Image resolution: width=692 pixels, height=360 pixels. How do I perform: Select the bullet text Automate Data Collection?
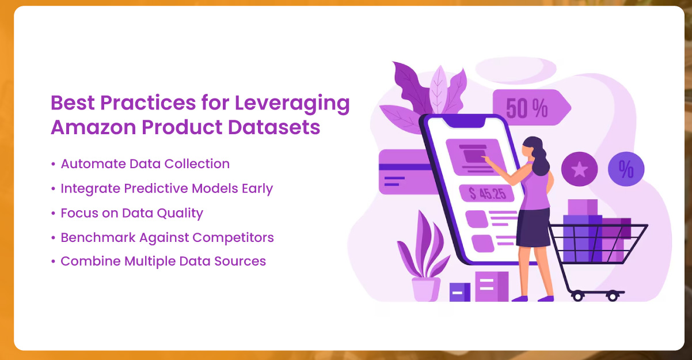[145, 164]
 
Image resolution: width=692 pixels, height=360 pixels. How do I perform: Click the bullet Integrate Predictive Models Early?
[166, 188]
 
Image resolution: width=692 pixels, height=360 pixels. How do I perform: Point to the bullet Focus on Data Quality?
[132, 213]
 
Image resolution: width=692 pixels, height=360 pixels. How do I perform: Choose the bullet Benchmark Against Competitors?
[167, 237]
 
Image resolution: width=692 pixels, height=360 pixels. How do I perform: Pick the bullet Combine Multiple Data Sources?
[163, 262]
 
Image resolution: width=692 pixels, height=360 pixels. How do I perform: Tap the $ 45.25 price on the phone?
[487, 194]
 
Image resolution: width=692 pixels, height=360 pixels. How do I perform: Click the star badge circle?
[579, 169]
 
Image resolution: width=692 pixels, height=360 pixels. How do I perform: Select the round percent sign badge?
[626, 169]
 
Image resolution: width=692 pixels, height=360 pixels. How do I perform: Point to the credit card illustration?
[403, 172]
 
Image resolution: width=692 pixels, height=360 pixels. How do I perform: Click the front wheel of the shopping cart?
[577, 295]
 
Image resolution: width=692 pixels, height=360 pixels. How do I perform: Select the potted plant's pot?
[426, 289]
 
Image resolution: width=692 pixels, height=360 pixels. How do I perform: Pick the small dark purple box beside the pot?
[459, 292]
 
